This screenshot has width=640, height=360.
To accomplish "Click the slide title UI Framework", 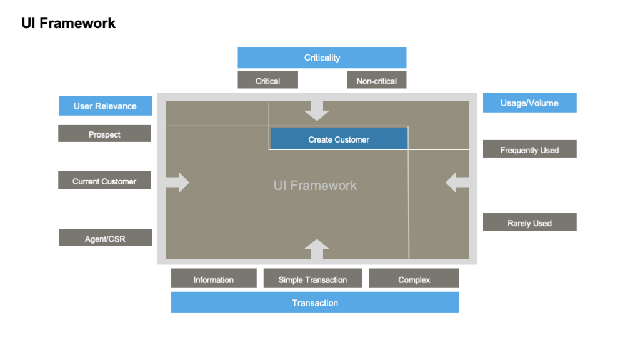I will [x=69, y=23].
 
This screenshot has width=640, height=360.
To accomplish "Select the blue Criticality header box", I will [x=322, y=57].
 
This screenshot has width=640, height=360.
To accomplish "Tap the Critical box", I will [x=267, y=80].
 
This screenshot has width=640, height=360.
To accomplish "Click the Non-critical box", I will [x=376, y=80].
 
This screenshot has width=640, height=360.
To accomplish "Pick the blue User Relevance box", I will [x=105, y=106].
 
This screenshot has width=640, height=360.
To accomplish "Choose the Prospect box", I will [x=104, y=134].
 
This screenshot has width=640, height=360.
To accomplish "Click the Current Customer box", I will [x=104, y=181].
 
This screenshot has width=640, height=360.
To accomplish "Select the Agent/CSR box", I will [x=105, y=237].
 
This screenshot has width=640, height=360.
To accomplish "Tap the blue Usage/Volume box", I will [x=529, y=102].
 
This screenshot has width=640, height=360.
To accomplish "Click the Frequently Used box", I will [x=529, y=149].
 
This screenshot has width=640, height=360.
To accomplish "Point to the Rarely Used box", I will [x=529, y=222].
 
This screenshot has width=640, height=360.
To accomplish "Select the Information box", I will [x=214, y=279].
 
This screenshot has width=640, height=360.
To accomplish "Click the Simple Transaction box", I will [x=312, y=279].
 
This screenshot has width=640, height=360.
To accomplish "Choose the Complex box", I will [x=414, y=279].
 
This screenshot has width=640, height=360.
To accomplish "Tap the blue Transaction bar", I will [x=315, y=302].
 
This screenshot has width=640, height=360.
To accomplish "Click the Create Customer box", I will [x=339, y=139].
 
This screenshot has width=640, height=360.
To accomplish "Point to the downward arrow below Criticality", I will [x=317, y=110].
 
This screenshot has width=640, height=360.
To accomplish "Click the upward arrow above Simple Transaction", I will [x=317, y=249].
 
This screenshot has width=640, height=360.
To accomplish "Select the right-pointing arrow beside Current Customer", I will [x=177, y=182].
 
